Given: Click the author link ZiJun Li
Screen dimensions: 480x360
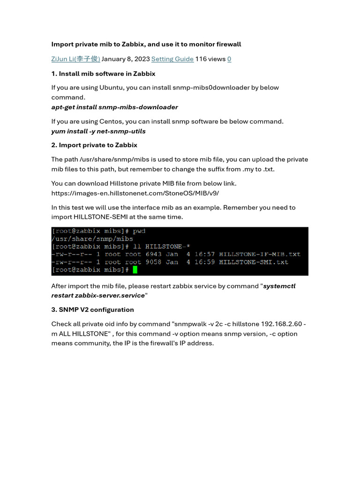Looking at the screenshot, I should pos(75,59).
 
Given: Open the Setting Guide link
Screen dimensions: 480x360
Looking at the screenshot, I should pos(172,59).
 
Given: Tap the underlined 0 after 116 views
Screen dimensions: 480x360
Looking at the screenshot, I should pos(229,59).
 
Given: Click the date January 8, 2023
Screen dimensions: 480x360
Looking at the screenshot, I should pos(125,59).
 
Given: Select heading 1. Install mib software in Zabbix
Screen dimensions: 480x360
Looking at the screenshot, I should pos(103,74).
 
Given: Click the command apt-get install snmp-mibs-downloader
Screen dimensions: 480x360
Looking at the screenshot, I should pos(114,107).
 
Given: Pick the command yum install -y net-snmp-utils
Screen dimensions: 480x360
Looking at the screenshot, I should pos(98,131).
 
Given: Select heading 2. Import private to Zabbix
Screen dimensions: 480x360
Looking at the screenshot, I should pos(94,145).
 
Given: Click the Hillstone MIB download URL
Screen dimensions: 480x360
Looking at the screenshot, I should pos(135,193).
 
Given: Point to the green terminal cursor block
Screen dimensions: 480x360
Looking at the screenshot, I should pos(135,270).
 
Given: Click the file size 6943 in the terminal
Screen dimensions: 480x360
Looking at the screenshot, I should pos(154,254).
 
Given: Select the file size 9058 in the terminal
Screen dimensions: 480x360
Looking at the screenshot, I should pos(154,262).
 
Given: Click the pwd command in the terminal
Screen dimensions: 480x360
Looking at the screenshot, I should pos(139,231).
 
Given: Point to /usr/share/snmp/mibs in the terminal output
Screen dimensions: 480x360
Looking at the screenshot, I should pos(92,239).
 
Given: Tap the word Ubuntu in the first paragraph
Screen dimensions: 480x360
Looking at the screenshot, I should pos(112,88).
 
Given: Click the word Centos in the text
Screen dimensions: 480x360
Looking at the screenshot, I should pos(112,122).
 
